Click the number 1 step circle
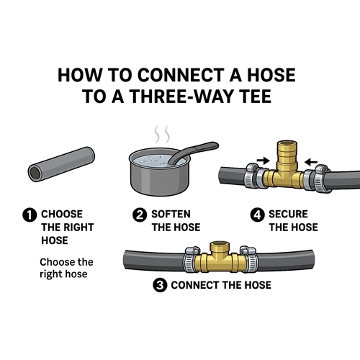pos(30,215)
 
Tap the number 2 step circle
pos(140,215)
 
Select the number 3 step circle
pos(160,285)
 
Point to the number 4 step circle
pos(257,215)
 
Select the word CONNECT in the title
pos(181,75)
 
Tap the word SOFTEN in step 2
pos(171,214)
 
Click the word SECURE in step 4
pos(288,214)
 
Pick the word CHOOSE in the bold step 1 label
pos(62,214)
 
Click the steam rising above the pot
pos(162,134)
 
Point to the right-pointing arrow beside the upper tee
pos(264,161)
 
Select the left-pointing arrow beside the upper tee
pos(311,162)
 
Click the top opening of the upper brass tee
pos(287,144)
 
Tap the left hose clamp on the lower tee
pos(192,260)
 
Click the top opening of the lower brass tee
pos(220,244)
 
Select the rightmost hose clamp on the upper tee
pos(321,178)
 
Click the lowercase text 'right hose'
pos(63,274)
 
